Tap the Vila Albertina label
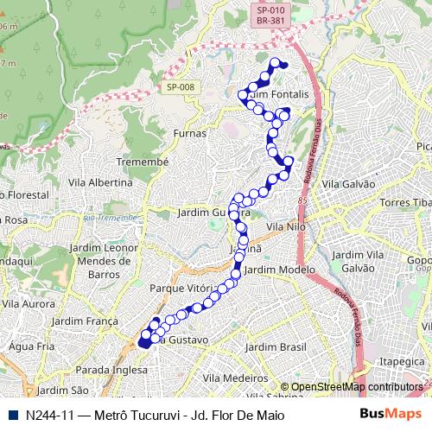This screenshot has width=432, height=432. tap(100, 182)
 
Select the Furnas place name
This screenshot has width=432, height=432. tap(190, 133)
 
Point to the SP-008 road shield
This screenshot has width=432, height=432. tap(181, 86)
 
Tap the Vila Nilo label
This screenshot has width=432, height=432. tap(287, 226)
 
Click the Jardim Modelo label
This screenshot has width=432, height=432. tap(280, 270)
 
